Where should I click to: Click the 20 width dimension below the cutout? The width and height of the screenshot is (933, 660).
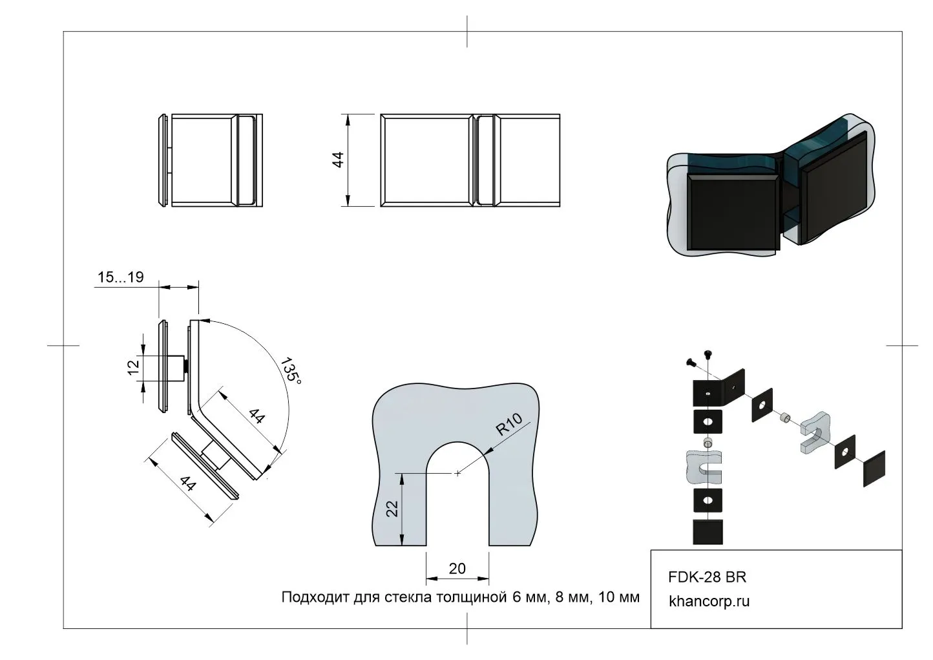pyautogui.click(x=457, y=569)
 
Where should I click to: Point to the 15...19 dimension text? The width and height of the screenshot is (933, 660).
pyautogui.click(x=120, y=277)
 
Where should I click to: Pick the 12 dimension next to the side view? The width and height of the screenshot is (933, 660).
pyautogui.click(x=134, y=367)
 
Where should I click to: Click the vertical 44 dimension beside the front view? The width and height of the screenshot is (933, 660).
pyautogui.click(x=338, y=160)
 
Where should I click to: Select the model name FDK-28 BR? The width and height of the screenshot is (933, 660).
pyautogui.click(x=708, y=577)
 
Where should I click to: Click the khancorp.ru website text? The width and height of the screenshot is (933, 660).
pyautogui.click(x=709, y=601)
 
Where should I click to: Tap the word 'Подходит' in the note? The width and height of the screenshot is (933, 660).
pyautogui.click(x=308, y=597)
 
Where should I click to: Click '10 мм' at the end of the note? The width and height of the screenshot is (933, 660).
pyautogui.click(x=620, y=597)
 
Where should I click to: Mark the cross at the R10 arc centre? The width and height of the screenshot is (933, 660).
pyautogui.click(x=457, y=474)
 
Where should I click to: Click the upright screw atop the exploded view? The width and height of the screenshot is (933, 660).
pyautogui.click(x=709, y=354)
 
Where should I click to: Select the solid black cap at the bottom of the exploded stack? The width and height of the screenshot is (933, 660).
pyautogui.click(x=708, y=533)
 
